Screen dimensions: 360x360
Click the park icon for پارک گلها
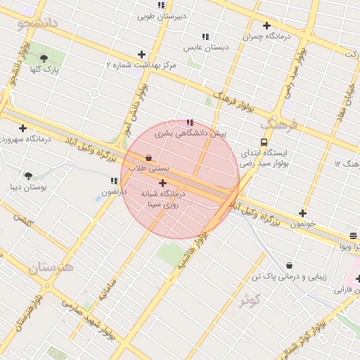pyautogui.click(x=44, y=58)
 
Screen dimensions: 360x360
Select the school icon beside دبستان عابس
pyautogui.click(x=205, y=37)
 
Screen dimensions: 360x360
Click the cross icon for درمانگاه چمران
pyautogui.click(x=266, y=26)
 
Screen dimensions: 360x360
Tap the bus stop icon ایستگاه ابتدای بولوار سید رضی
pyautogui.click(x=264, y=141)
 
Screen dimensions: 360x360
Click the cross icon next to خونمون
pyautogui.click(x=302, y=213)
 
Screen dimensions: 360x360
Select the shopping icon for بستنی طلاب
pyautogui.click(x=148, y=158)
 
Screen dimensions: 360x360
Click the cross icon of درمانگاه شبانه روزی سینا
pyautogui.click(x=162, y=183)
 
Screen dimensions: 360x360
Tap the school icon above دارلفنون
pyautogui.click(x=114, y=181)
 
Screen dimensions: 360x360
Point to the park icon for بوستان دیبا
pyautogui.click(x=28, y=176)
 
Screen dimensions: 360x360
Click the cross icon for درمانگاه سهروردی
pyautogui.click(x=23, y=128)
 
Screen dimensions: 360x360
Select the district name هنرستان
pyautogui.click(x=51, y=268)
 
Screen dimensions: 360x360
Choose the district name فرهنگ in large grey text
pyautogui.click(x=278, y=124)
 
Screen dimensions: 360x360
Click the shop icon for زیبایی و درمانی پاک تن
pyautogui.click(x=290, y=265)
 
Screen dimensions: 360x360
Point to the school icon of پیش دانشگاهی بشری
pyautogui.click(x=190, y=122)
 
